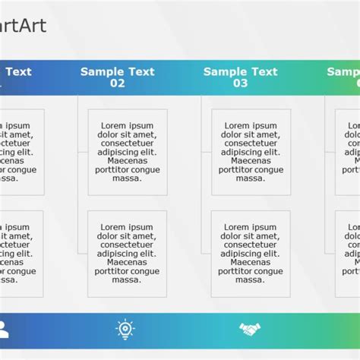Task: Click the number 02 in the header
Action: coord(117,84)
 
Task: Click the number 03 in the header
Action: coord(240,84)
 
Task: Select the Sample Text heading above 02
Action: coord(117,72)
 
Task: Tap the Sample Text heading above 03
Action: coord(240,72)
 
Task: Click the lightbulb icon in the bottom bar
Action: coord(125,329)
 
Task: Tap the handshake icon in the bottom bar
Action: coord(250,329)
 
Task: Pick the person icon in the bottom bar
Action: coord(3,329)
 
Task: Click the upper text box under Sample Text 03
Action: coord(250,152)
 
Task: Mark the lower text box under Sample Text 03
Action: coord(250,254)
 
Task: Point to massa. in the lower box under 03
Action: coord(250,280)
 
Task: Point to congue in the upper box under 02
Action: coord(144,170)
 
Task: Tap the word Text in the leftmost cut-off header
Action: coord(19,72)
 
